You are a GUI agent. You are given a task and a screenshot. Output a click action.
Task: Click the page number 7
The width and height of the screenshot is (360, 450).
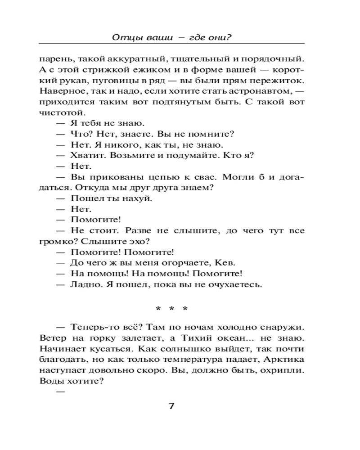171,406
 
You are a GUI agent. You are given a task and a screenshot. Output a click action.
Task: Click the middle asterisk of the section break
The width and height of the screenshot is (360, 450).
171,310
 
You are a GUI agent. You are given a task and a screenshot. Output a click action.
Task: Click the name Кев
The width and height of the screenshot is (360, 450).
226,263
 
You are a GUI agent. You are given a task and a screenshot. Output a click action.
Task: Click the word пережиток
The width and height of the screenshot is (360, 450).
281,81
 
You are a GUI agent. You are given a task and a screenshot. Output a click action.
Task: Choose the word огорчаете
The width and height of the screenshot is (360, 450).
186,263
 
